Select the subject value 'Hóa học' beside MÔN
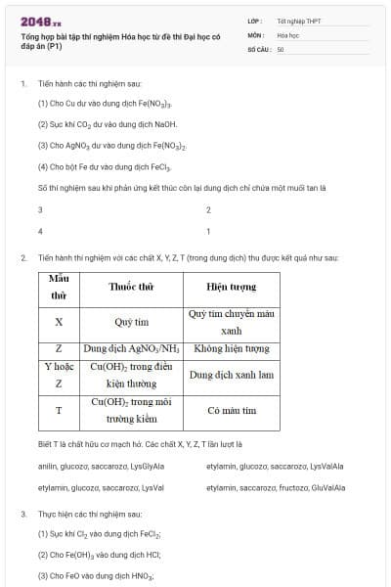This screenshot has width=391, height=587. [287, 34]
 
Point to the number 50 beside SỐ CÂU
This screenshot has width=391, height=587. [281, 47]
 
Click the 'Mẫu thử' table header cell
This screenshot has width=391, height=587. [59, 287]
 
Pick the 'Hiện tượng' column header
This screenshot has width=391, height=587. [231, 287]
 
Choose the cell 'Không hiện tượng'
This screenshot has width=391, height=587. [231, 348]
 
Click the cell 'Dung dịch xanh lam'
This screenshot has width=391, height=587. [231, 375]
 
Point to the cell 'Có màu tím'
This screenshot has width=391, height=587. [231, 411]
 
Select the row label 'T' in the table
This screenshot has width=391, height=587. [59, 410]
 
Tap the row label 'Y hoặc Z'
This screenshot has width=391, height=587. [59, 375]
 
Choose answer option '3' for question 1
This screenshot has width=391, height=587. [40, 210]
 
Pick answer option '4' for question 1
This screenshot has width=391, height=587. [40, 232]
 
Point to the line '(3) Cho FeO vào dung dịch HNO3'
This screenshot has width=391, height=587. [96, 576]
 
